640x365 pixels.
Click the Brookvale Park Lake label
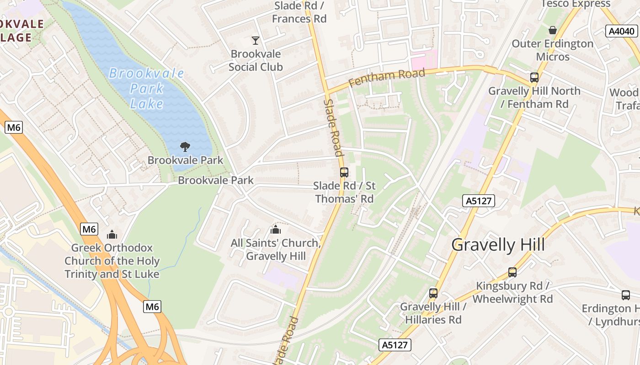pos(146,89)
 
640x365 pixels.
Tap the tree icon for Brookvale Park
pos(185,146)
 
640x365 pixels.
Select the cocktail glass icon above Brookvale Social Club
pos(256,41)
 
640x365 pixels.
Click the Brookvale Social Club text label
pos(256,60)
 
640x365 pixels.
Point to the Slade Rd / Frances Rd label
pos(299,12)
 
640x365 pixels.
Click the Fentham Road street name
pos(386,77)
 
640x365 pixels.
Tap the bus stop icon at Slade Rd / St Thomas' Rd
pos(344,172)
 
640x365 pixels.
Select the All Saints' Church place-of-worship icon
pos(275,229)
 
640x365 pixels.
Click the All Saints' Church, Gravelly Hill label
pos(276,250)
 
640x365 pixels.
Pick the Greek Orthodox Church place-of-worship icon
pos(112,235)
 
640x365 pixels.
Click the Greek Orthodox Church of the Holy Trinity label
pos(112,261)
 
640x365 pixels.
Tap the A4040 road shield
pos(622,31)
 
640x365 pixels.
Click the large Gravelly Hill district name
pos(498,245)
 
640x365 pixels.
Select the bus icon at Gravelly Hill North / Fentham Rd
pos(534,77)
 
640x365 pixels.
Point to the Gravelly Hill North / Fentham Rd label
pos(534,97)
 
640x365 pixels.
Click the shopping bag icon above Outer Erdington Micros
pos(553,30)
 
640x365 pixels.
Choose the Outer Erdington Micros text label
pos(553,50)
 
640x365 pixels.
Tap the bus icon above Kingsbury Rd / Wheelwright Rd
pos(512,272)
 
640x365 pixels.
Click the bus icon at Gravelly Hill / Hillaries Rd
pos(433,293)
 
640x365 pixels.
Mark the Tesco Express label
pos(575,4)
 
